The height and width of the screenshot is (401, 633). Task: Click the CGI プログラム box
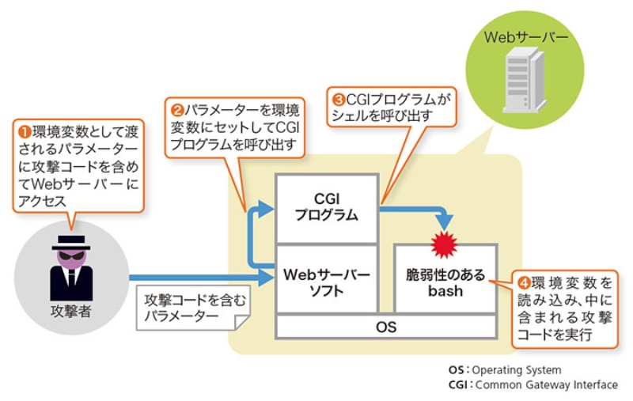pos(326,207)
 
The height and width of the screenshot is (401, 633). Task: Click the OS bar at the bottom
pos(385,326)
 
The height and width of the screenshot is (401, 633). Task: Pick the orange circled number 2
pos(176,104)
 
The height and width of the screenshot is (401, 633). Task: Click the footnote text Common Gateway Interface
pos(546,384)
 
